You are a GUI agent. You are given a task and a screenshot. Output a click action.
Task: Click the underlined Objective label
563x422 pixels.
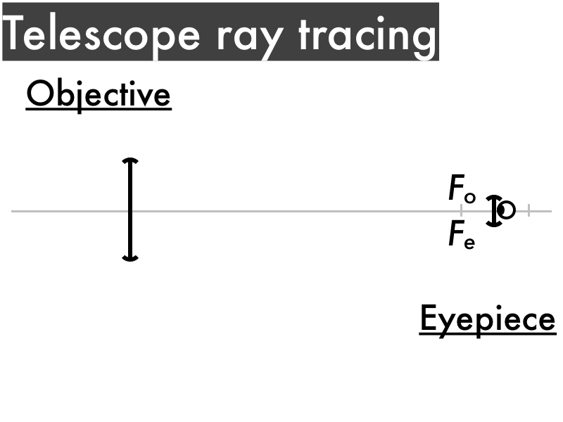99,94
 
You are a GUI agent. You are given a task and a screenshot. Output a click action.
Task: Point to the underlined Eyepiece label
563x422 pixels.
488,319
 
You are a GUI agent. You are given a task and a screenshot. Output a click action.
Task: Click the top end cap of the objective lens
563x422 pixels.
130,162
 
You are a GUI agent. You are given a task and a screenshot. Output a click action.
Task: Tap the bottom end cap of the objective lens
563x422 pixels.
130,258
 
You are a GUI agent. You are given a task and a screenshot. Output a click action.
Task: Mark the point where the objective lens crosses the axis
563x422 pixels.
130,210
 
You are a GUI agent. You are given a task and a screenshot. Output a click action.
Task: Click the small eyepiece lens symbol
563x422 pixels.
495,210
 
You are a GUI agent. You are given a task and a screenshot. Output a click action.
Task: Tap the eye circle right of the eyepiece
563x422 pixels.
507,210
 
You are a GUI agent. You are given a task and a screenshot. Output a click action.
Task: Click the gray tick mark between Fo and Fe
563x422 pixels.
461,210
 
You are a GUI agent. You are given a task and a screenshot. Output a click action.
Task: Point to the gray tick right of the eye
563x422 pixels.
529,210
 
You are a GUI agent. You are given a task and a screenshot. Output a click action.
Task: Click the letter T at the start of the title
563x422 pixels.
18,34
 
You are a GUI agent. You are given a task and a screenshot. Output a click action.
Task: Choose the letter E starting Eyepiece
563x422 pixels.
429,318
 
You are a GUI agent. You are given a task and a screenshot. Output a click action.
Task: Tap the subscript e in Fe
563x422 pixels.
469,243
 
